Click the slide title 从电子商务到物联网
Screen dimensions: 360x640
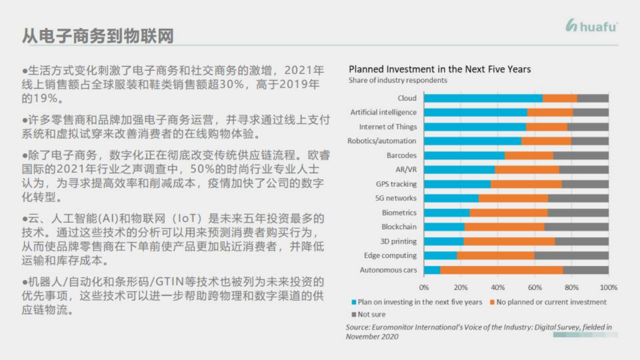click(98, 36)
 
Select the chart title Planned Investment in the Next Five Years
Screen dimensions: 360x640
click(439, 69)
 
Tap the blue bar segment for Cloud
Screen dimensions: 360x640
click(483, 98)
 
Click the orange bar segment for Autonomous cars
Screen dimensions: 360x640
click(501, 270)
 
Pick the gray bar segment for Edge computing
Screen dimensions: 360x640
click(571, 255)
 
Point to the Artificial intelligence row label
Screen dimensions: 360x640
click(383, 112)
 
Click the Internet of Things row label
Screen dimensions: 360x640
click(388, 127)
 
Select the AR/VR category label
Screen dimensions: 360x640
click(406, 169)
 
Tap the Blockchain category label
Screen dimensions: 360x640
click(399, 227)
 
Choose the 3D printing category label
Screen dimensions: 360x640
click(398, 241)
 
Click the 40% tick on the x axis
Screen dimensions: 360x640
click(497, 287)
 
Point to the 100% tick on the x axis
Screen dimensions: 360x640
click(608, 287)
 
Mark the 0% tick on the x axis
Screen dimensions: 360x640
click(424, 287)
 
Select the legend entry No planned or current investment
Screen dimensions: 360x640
click(551, 302)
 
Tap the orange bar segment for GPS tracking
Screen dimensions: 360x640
click(526, 184)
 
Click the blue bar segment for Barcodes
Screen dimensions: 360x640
click(464, 155)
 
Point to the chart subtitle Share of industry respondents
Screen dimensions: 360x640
click(398, 81)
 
